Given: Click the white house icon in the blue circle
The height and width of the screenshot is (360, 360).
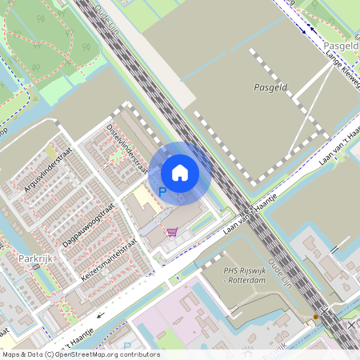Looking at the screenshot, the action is pyautogui.click(x=180, y=172).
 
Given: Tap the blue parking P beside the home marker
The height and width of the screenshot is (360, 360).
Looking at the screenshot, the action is pyautogui.click(x=163, y=192).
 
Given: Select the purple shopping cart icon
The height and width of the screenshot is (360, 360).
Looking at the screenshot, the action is pyautogui.click(x=171, y=232).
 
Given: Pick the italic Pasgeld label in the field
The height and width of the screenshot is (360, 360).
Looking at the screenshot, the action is pyautogui.click(x=270, y=86).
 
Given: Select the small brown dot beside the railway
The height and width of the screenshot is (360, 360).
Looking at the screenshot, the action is pyautogui.click(x=316, y=317).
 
